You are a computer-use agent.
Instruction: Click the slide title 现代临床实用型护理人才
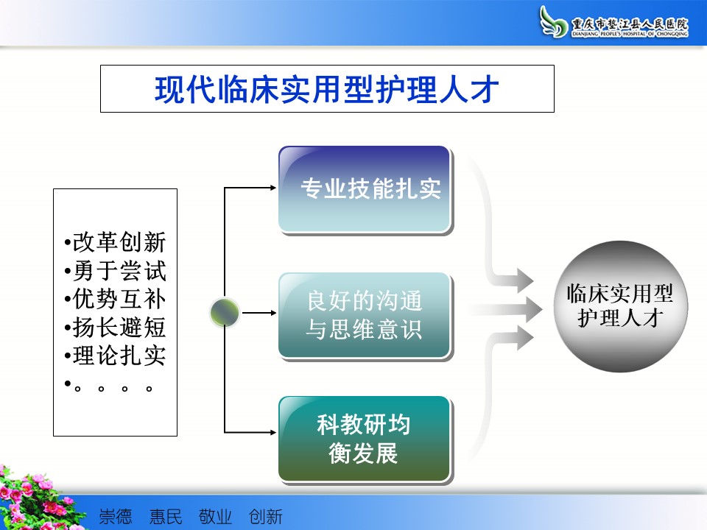(327, 89)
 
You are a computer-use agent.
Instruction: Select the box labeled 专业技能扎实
(365, 189)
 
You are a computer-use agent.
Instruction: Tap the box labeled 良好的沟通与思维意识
(365, 316)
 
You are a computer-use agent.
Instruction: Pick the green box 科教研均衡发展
(365, 439)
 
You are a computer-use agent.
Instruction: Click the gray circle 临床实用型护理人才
(620, 306)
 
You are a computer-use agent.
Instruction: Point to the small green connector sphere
(225, 312)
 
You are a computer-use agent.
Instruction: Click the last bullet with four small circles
(108, 386)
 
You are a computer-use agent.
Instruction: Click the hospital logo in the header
(613, 21)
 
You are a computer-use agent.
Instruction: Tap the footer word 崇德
(116, 517)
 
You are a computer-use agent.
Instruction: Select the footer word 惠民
(166, 517)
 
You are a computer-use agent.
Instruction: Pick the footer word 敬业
(215, 517)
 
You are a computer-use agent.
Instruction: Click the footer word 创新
(266, 517)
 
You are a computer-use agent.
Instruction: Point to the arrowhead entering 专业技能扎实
(273, 188)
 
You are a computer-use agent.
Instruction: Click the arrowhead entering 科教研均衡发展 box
(273, 432)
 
